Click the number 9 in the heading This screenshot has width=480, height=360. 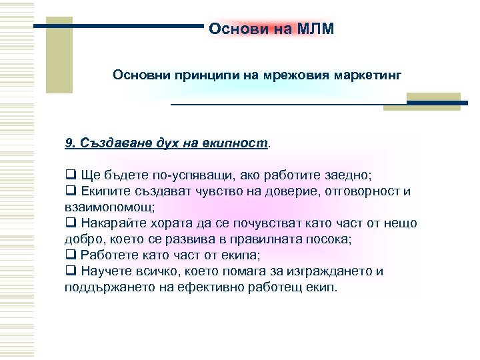point(69,143)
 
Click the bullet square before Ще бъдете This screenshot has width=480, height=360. point(69,177)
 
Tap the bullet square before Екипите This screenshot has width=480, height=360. point(69,192)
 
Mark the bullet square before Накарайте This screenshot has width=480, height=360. point(69,223)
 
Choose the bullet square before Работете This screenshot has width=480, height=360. point(69,255)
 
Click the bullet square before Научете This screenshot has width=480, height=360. point(69,271)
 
